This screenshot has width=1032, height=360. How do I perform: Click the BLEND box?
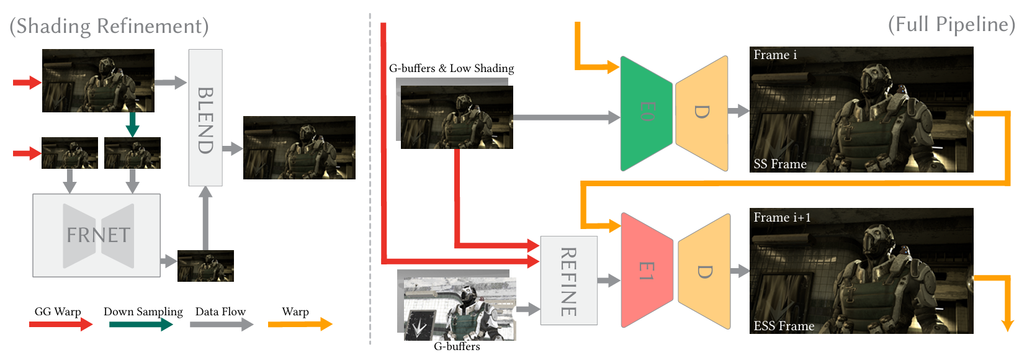click(x=205, y=118)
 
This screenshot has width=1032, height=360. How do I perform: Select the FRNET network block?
click(x=97, y=235)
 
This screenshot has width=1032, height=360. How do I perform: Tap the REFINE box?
click(x=568, y=281)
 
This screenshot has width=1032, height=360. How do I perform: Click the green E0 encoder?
click(x=646, y=113)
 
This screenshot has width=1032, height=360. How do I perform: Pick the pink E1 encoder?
click(x=646, y=271)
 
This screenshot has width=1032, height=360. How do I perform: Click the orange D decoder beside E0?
click(x=702, y=113)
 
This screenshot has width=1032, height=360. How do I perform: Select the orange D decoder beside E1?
click(x=704, y=272)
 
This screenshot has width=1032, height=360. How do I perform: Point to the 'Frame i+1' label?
click(x=782, y=217)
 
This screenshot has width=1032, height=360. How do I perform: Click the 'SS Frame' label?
click(x=780, y=164)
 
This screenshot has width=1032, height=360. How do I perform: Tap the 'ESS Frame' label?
click(x=784, y=326)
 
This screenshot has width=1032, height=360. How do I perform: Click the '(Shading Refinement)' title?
click(x=109, y=26)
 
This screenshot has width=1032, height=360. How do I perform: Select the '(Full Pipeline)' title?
click(x=951, y=24)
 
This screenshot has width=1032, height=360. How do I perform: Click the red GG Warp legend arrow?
click(x=61, y=324)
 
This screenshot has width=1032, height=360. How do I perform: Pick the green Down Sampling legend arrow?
click(x=141, y=324)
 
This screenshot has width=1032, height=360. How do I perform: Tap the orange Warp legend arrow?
click(x=300, y=324)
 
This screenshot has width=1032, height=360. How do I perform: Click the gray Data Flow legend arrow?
click(x=222, y=324)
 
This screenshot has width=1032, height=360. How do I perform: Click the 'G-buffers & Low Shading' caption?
click(x=451, y=68)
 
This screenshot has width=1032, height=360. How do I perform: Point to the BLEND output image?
click(x=299, y=148)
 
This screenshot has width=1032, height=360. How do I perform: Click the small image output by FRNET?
click(x=205, y=266)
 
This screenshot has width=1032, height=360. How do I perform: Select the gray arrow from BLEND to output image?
click(x=232, y=148)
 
